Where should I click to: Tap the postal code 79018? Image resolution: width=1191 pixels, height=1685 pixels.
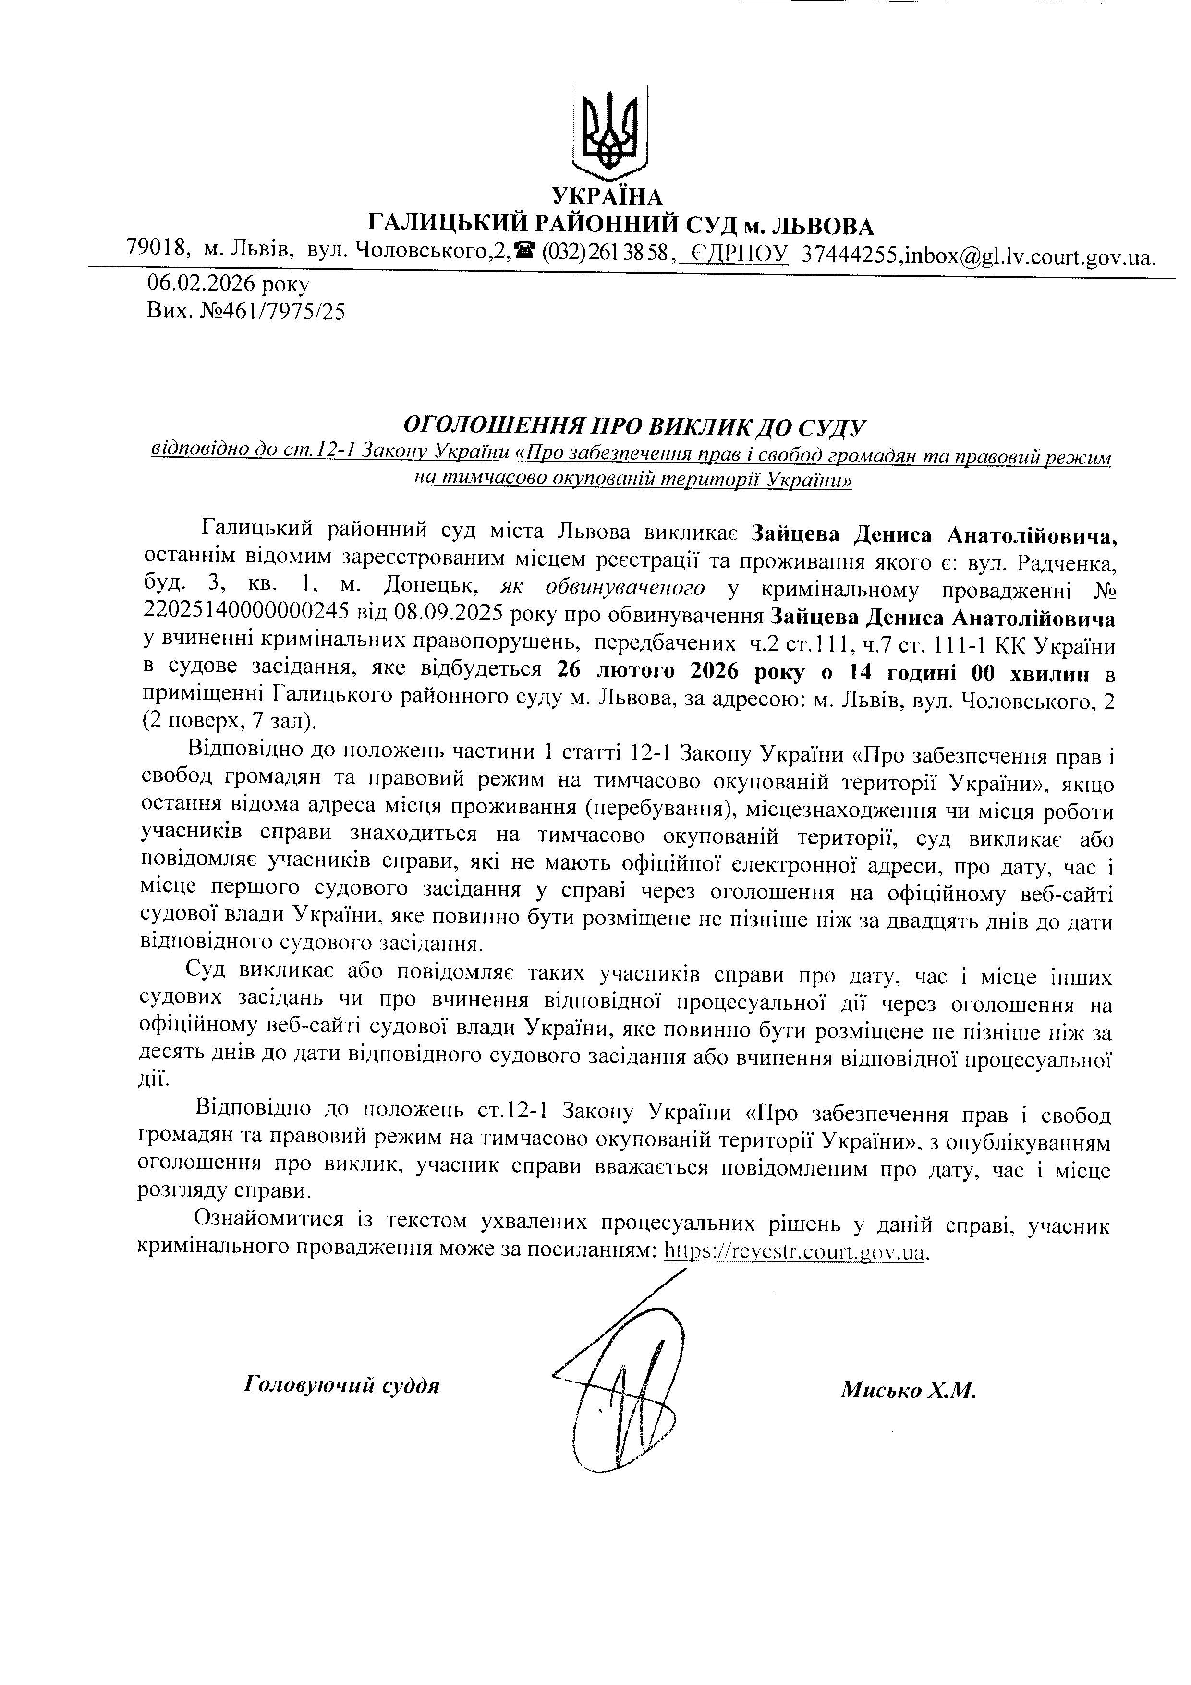[x=158, y=247]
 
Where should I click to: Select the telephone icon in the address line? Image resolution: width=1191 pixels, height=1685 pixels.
[x=524, y=250]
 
